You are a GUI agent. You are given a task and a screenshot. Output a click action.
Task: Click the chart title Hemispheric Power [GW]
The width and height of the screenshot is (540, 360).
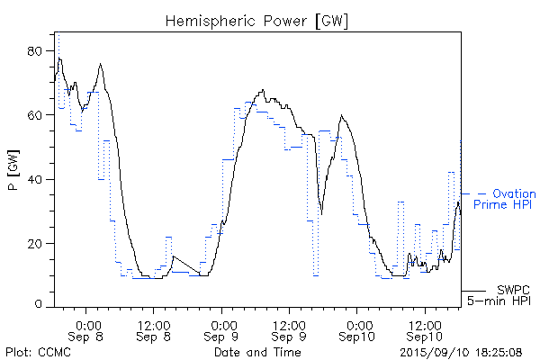tap(257, 19)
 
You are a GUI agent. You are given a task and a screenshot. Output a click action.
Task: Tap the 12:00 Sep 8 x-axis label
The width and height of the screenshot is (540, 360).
tap(154, 329)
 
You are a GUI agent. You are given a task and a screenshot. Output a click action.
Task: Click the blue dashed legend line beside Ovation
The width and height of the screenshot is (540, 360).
tap(473, 193)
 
